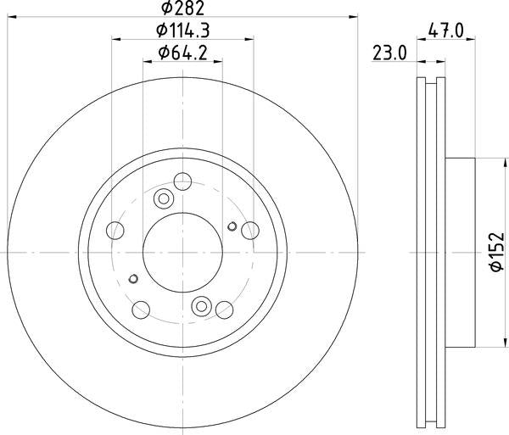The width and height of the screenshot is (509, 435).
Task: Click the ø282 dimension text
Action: tap(182, 9)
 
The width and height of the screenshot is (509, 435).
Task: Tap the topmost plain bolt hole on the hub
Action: tap(182, 181)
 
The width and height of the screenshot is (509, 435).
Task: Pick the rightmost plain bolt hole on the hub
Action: tap(249, 231)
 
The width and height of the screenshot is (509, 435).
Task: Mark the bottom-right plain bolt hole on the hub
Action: tap(223, 309)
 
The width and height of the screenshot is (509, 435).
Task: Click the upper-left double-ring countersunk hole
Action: tap(164, 199)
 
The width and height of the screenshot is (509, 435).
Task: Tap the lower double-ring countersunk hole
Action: tap(201, 306)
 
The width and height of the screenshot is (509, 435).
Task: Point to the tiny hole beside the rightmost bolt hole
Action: tap(232, 226)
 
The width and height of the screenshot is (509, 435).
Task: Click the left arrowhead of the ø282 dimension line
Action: tap(12, 18)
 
